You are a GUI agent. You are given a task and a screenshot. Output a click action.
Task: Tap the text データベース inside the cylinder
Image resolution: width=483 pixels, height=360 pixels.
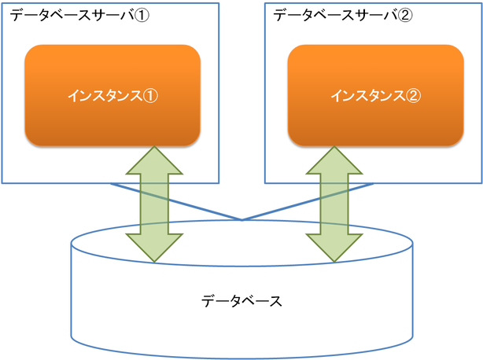click(x=241, y=301)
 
